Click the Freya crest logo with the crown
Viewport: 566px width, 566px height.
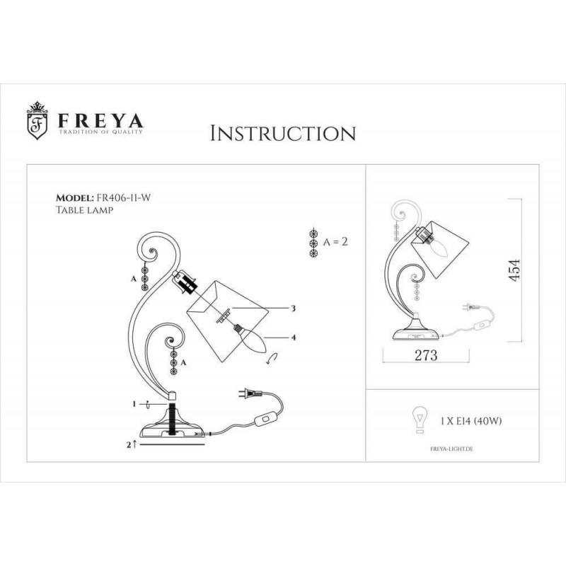pyautogui.click(x=37, y=120)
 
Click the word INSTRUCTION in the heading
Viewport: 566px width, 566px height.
pyautogui.click(x=283, y=133)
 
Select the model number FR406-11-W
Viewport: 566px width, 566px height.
pyautogui.click(x=123, y=197)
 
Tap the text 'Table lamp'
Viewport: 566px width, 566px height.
pyautogui.click(x=84, y=209)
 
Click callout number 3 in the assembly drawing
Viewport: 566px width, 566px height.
pyautogui.click(x=294, y=308)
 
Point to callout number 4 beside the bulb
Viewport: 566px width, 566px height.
pyautogui.click(x=294, y=337)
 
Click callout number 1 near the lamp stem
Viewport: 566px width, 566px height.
pyautogui.click(x=134, y=404)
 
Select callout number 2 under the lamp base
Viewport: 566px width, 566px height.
pyautogui.click(x=129, y=445)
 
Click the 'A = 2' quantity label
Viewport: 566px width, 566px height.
pyautogui.click(x=335, y=241)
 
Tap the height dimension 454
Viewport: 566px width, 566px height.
pyautogui.click(x=514, y=270)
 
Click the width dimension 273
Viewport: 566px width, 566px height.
pyautogui.click(x=426, y=355)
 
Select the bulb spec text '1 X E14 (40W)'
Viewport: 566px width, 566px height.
pyautogui.click(x=471, y=421)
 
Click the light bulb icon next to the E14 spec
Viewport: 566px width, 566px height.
pyautogui.click(x=420, y=420)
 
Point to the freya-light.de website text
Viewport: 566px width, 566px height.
pyautogui.click(x=451, y=449)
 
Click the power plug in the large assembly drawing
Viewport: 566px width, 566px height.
pyautogui.click(x=251, y=393)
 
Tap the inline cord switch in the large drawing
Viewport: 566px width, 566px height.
pyautogui.click(x=266, y=420)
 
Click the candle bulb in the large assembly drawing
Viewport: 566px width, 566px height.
pyautogui.click(x=251, y=339)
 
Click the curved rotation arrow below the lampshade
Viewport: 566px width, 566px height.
pyautogui.click(x=272, y=359)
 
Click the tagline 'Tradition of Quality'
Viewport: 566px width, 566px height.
pyautogui.click(x=100, y=132)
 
